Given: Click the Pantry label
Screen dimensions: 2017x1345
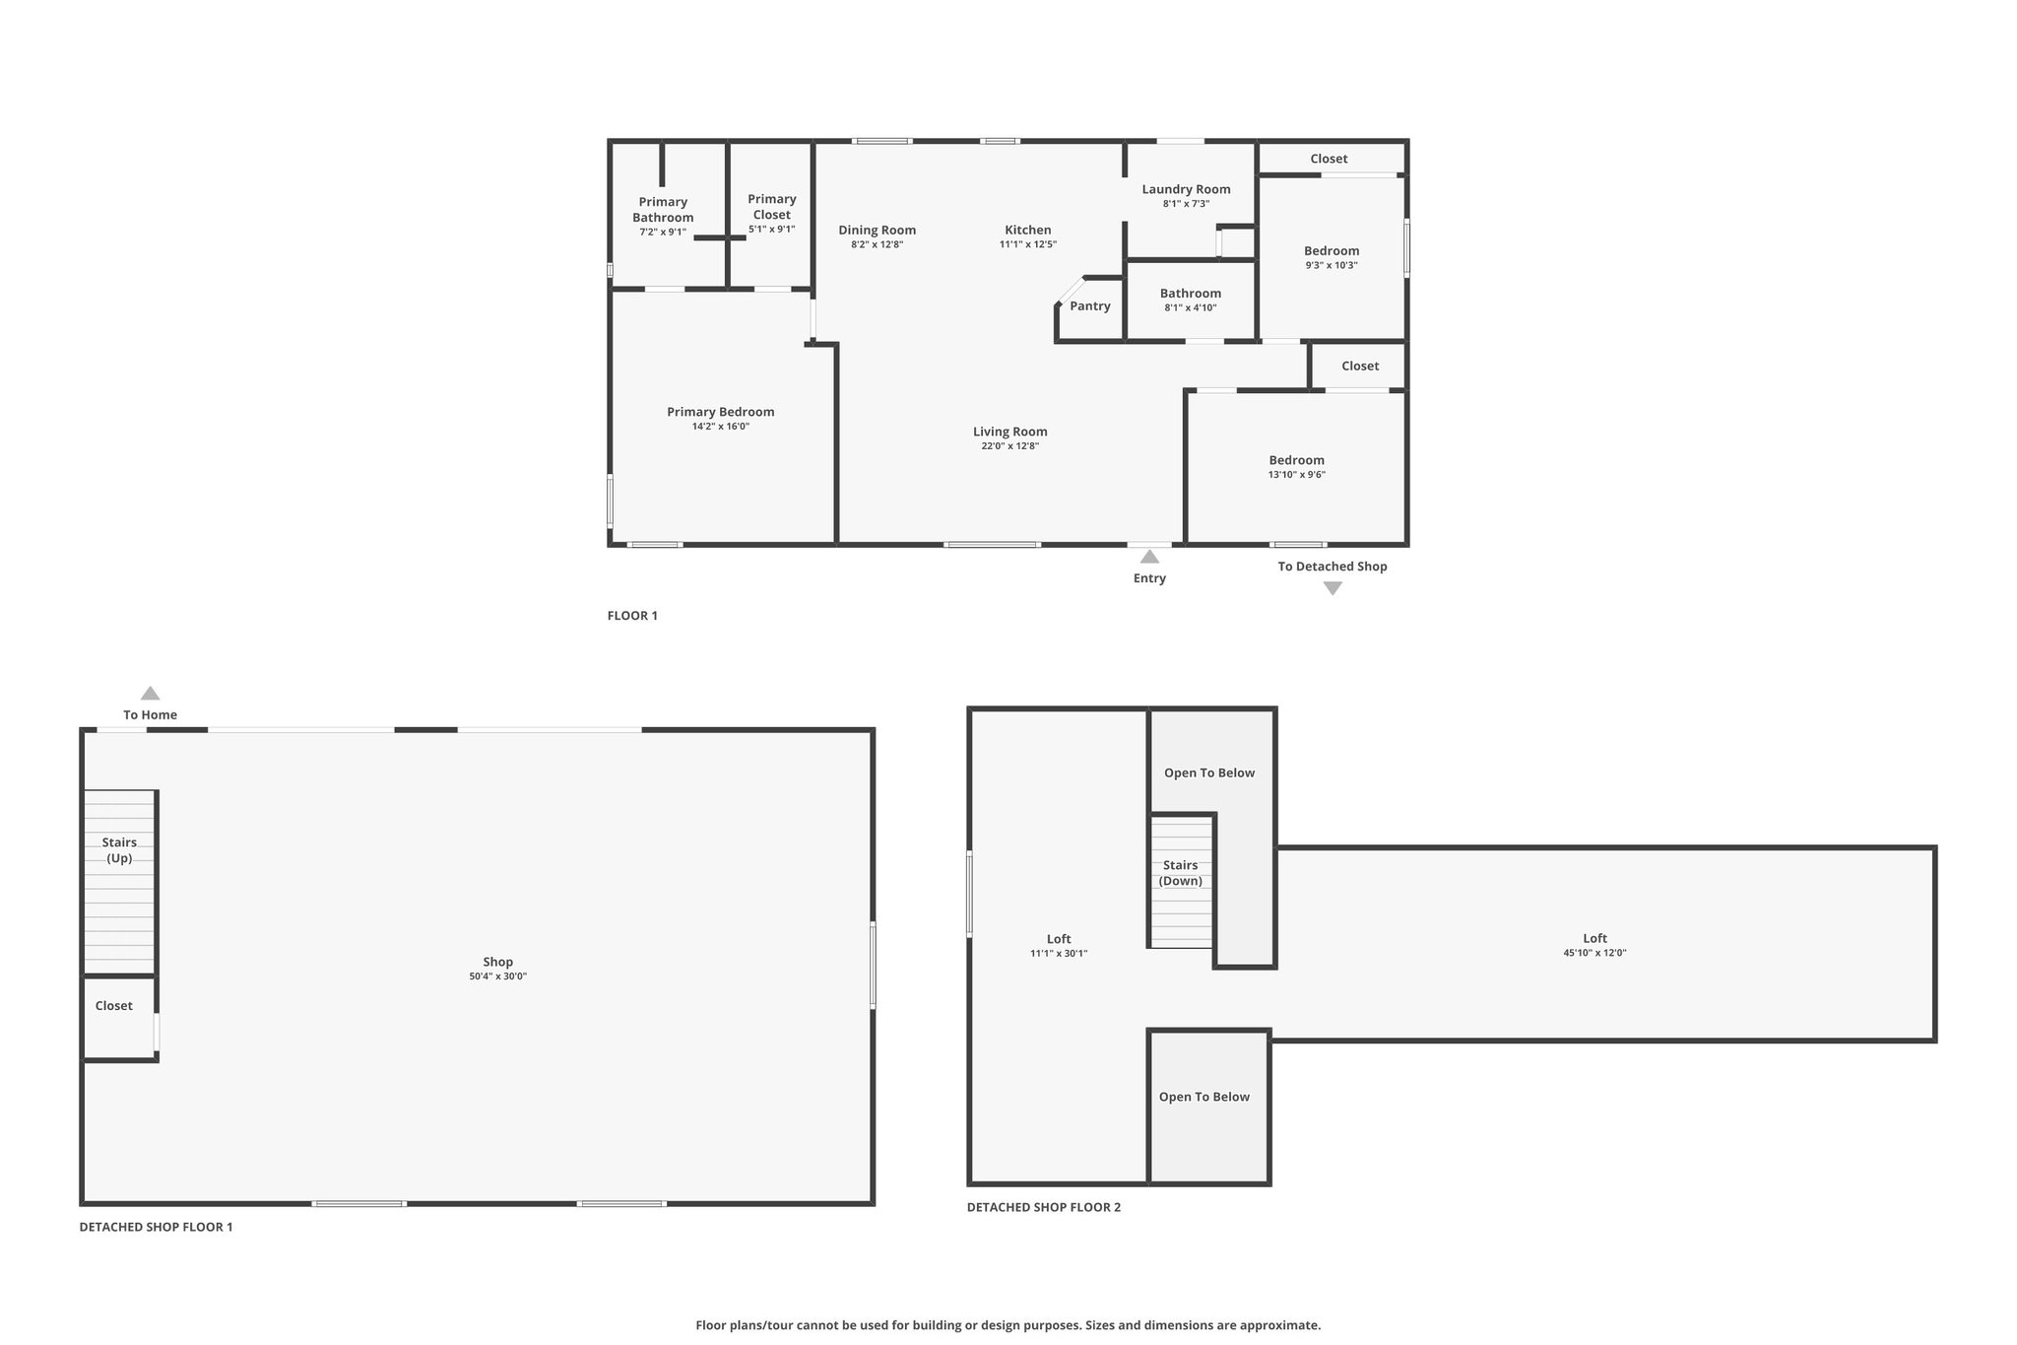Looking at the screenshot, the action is (x=1090, y=305).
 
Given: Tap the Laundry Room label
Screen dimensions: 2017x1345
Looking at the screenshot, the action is (x=1186, y=189).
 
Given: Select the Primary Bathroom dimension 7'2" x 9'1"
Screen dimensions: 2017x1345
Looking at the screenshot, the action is (x=663, y=233).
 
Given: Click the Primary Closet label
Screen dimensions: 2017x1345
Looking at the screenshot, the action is (x=772, y=207).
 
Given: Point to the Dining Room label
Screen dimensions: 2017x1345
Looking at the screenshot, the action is (x=878, y=231).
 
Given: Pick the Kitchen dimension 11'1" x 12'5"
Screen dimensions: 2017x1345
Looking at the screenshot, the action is (x=1028, y=244).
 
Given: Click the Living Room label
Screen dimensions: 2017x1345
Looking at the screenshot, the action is (x=1010, y=432).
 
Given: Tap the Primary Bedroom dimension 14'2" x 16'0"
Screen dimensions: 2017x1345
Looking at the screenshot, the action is (x=721, y=427).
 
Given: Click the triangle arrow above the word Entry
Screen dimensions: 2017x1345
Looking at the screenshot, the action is (x=1149, y=557).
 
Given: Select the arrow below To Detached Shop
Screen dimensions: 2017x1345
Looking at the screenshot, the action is (x=1333, y=588).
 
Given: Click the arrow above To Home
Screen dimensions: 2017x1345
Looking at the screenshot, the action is (x=150, y=693).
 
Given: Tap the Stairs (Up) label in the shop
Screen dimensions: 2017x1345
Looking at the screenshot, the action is (x=119, y=850).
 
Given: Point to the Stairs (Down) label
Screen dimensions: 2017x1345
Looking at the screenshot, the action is (x=1180, y=873).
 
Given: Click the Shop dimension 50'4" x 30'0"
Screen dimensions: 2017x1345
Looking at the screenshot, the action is (x=498, y=976).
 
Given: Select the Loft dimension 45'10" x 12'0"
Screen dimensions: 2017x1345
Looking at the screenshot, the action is (x=1594, y=953).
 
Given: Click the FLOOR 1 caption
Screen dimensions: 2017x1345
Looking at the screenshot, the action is (x=632, y=616).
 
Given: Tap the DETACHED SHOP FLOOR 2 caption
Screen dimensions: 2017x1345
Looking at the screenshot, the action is (x=1044, y=1207).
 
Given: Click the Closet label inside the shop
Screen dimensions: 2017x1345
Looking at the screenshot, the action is (x=114, y=1006).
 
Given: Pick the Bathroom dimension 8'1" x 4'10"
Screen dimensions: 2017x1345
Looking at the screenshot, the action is (x=1191, y=307).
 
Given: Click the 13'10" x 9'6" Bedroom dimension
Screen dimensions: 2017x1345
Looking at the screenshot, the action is (x=1297, y=475).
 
